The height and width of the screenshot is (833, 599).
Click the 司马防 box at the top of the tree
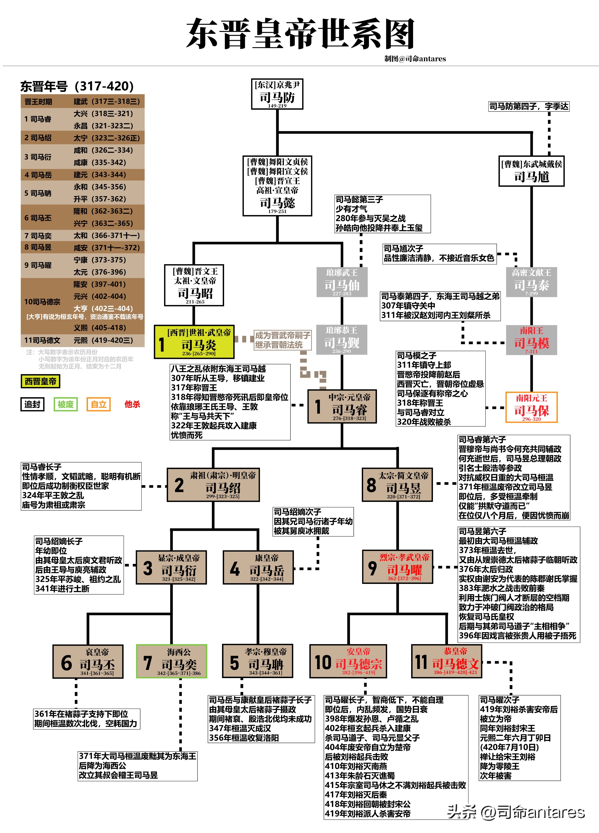coord(277,94)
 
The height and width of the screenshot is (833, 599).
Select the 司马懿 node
coord(277,186)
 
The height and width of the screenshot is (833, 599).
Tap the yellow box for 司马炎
coord(194,342)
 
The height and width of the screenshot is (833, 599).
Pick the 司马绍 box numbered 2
coord(213,485)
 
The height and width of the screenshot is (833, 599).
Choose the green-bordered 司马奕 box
coord(172,661)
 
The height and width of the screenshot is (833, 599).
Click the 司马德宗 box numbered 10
coord(348,661)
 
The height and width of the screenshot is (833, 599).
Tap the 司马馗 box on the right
coord(531,171)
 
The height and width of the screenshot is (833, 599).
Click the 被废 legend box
coord(65,404)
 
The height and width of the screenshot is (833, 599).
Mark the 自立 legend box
coord(98,404)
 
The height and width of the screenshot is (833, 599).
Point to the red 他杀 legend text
coord(132,404)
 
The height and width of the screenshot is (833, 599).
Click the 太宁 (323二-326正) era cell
coord(106,138)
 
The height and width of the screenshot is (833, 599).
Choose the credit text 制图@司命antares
coord(415,59)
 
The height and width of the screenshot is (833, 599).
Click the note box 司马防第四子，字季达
coord(529,106)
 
